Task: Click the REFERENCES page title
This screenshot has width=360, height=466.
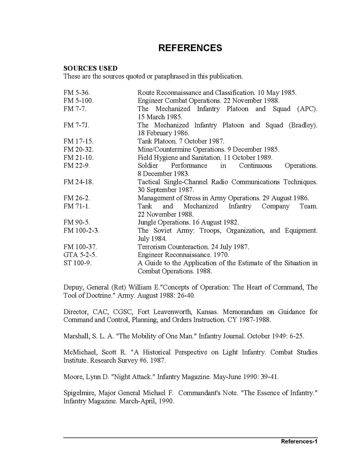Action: tap(190, 48)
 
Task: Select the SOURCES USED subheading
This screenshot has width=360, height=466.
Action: tap(90, 68)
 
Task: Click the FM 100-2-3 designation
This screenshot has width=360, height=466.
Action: tap(81, 231)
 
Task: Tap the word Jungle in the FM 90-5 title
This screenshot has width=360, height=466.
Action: tap(148, 222)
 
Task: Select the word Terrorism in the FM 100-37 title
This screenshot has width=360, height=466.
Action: tap(152, 247)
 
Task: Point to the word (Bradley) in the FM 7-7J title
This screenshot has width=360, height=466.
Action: tap(302, 125)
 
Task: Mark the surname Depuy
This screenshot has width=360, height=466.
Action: tap(73, 287)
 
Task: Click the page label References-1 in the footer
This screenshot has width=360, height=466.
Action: tap(299, 441)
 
